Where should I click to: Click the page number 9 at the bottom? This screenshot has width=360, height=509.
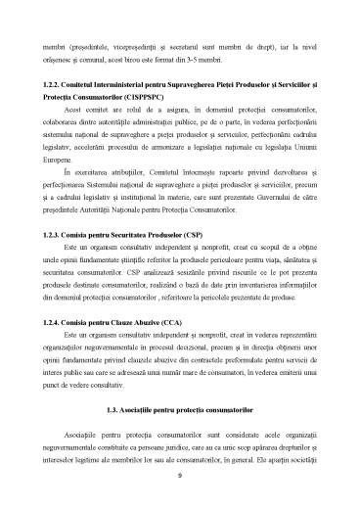coord(180,476)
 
